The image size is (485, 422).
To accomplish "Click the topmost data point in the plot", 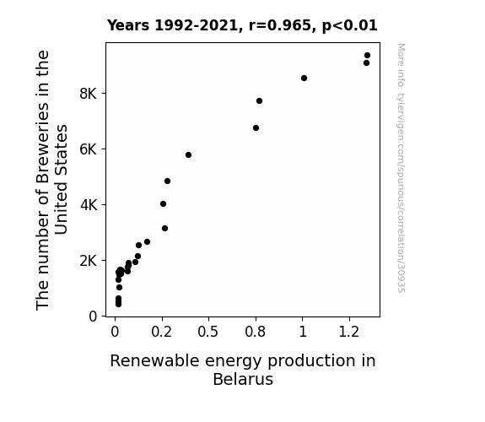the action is tap(367, 56).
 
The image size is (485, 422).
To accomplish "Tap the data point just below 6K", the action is tap(188, 154).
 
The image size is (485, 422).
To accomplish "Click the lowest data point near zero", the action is tap(118, 305).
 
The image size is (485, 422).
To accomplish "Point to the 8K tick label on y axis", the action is tap(89, 94).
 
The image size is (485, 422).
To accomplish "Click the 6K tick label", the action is tap(89, 149).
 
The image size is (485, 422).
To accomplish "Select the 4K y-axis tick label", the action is tap(89, 205).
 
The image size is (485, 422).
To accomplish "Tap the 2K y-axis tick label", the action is tap(89, 261).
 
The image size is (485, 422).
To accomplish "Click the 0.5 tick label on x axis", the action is tap(208, 332).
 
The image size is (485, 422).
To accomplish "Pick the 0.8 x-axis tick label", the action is tap(256, 332).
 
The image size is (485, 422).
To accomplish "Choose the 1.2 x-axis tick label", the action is tap(349, 332).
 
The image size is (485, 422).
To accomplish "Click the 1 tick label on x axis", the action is tap(303, 332).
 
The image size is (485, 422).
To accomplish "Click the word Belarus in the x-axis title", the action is tap(243, 379).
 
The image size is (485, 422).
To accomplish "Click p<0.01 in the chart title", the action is tap(350, 25).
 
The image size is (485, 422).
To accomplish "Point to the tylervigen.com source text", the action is tap(401, 168).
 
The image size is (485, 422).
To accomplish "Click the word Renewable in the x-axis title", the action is tap(154, 360).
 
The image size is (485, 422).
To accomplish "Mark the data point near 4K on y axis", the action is tap(163, 203).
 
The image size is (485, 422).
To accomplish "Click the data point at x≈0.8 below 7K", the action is tap(256, 128).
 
